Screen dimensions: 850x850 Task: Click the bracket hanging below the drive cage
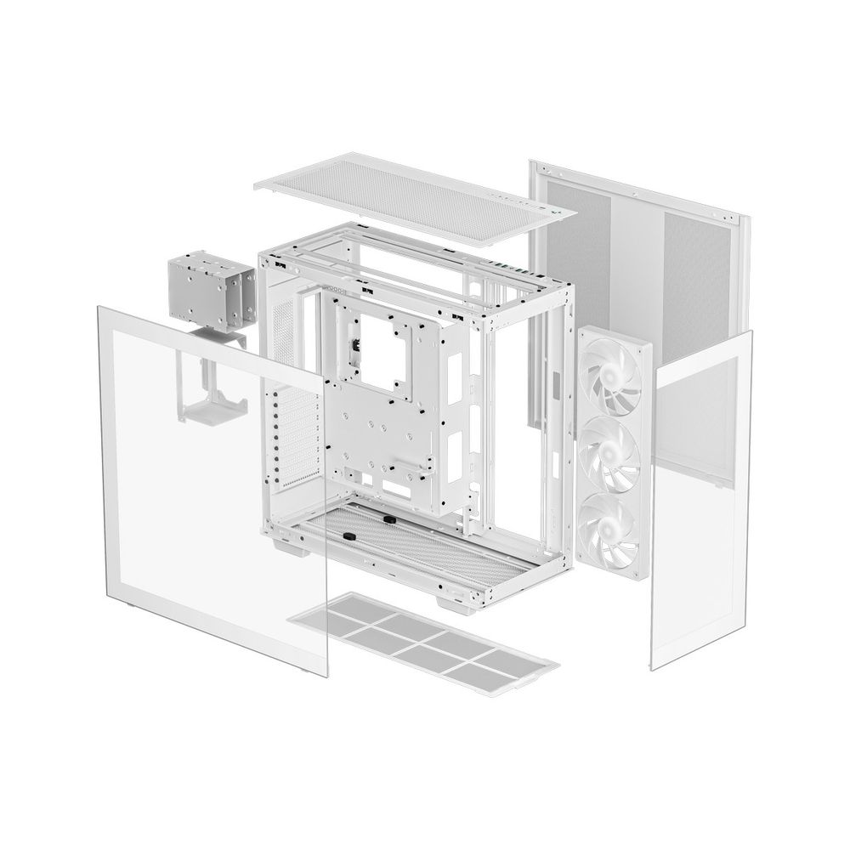tap(208, 387)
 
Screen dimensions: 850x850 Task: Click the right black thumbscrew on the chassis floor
tap(387, 518)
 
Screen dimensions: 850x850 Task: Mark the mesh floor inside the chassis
tap(399, 544)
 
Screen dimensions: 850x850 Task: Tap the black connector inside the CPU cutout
tap(353, 348)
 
